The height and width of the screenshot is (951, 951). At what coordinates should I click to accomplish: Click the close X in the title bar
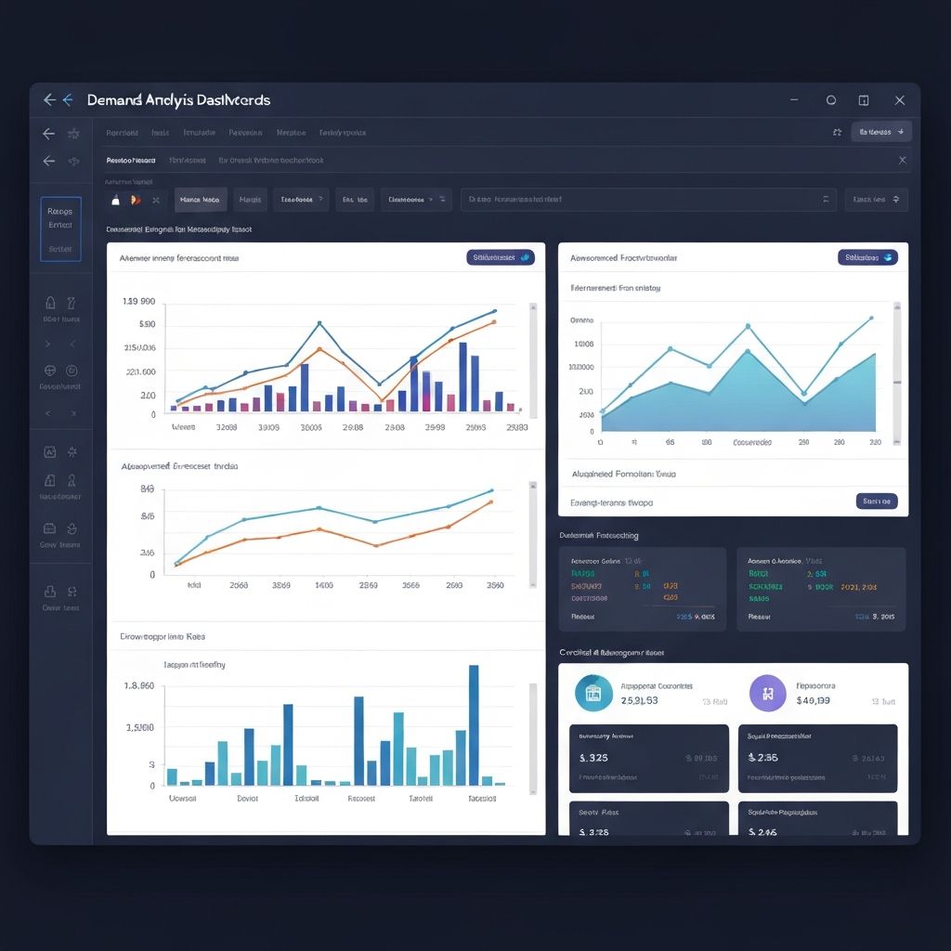[899, 100]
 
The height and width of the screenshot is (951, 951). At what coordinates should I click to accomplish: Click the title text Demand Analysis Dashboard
[178, 100]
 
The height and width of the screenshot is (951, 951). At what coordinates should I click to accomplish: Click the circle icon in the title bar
[831, 100]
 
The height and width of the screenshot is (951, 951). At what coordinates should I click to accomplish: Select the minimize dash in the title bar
[794, 100]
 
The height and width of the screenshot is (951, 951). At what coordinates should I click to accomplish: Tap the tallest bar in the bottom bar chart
[474, 725]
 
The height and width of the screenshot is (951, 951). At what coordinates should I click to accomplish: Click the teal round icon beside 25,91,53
[593, 693]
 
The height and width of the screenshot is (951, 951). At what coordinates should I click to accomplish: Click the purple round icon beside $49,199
[767, 693]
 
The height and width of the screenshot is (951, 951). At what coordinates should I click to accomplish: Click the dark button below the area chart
[876, 502]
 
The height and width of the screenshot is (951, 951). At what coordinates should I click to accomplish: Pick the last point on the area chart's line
[872, 318]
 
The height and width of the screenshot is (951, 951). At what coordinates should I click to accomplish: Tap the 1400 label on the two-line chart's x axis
[324, 586]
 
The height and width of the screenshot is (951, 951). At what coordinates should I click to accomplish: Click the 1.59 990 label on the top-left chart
[138, 302]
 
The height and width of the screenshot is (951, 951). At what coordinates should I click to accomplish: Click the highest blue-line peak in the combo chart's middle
[319, 323]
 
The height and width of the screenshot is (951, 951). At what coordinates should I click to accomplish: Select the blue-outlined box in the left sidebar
[60, 228]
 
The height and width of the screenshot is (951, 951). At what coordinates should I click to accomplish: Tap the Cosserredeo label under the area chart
[752, 443]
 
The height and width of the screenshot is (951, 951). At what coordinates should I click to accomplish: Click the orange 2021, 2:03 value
[857, 587]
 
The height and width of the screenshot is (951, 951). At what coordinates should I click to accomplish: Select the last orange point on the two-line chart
[491, 502]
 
